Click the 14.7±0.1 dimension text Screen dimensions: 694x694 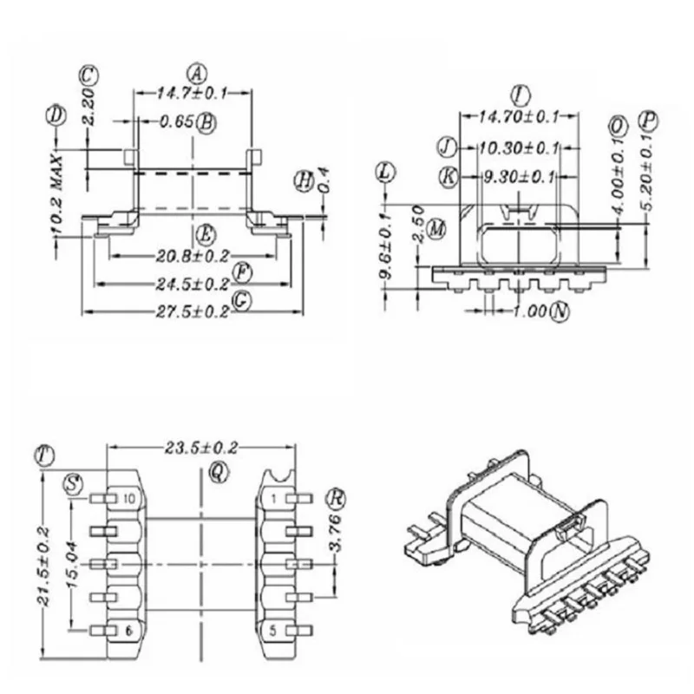point(192,91)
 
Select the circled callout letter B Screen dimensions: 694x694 point(206,122)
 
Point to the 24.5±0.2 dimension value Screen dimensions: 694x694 point(192,284)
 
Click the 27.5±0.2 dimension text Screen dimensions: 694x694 point(192,312)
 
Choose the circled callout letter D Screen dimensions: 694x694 point(57,114)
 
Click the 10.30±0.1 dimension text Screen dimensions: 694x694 point(517,147)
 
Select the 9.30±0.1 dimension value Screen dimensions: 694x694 point(518,177)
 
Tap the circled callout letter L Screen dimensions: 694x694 point(386,172)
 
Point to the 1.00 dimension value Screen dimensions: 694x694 point(528,311)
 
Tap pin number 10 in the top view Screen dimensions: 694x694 point(128,498)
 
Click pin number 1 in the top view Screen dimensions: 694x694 point(274,498)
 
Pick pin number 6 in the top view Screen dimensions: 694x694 point(128,631)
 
